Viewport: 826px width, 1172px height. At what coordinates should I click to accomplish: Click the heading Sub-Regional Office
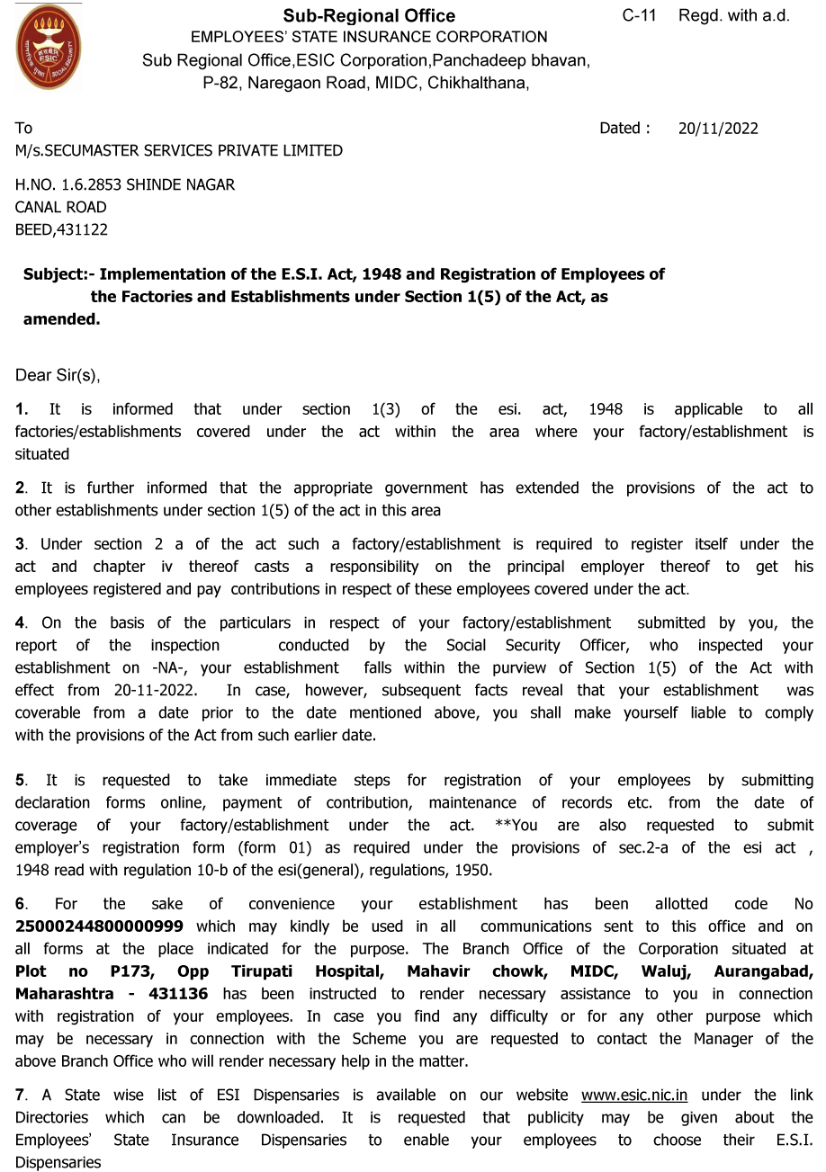click(369, 15)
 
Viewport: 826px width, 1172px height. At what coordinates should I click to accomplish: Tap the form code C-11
click(639, 15)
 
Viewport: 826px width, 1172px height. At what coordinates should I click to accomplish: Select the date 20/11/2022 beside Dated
click(718, 128)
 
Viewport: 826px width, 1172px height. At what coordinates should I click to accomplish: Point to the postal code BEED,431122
click(61, 229)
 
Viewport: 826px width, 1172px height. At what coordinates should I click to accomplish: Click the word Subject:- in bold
click(58, 274)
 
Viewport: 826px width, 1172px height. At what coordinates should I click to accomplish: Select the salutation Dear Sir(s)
click(58, 375)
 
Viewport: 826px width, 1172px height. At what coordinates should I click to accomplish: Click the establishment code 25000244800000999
click(99, 926)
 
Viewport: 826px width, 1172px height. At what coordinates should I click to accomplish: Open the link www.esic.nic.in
click(634, 1096)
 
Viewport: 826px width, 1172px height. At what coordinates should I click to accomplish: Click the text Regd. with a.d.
click(733, 15)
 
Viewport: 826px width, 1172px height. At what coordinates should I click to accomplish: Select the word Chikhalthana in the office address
click(476, 83)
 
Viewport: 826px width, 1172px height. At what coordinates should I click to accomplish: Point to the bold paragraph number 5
click(21, 780)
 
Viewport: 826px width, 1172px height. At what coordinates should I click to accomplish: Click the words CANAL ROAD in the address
click(60, 207)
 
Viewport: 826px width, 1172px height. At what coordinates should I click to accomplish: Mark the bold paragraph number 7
click(21, 1096)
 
